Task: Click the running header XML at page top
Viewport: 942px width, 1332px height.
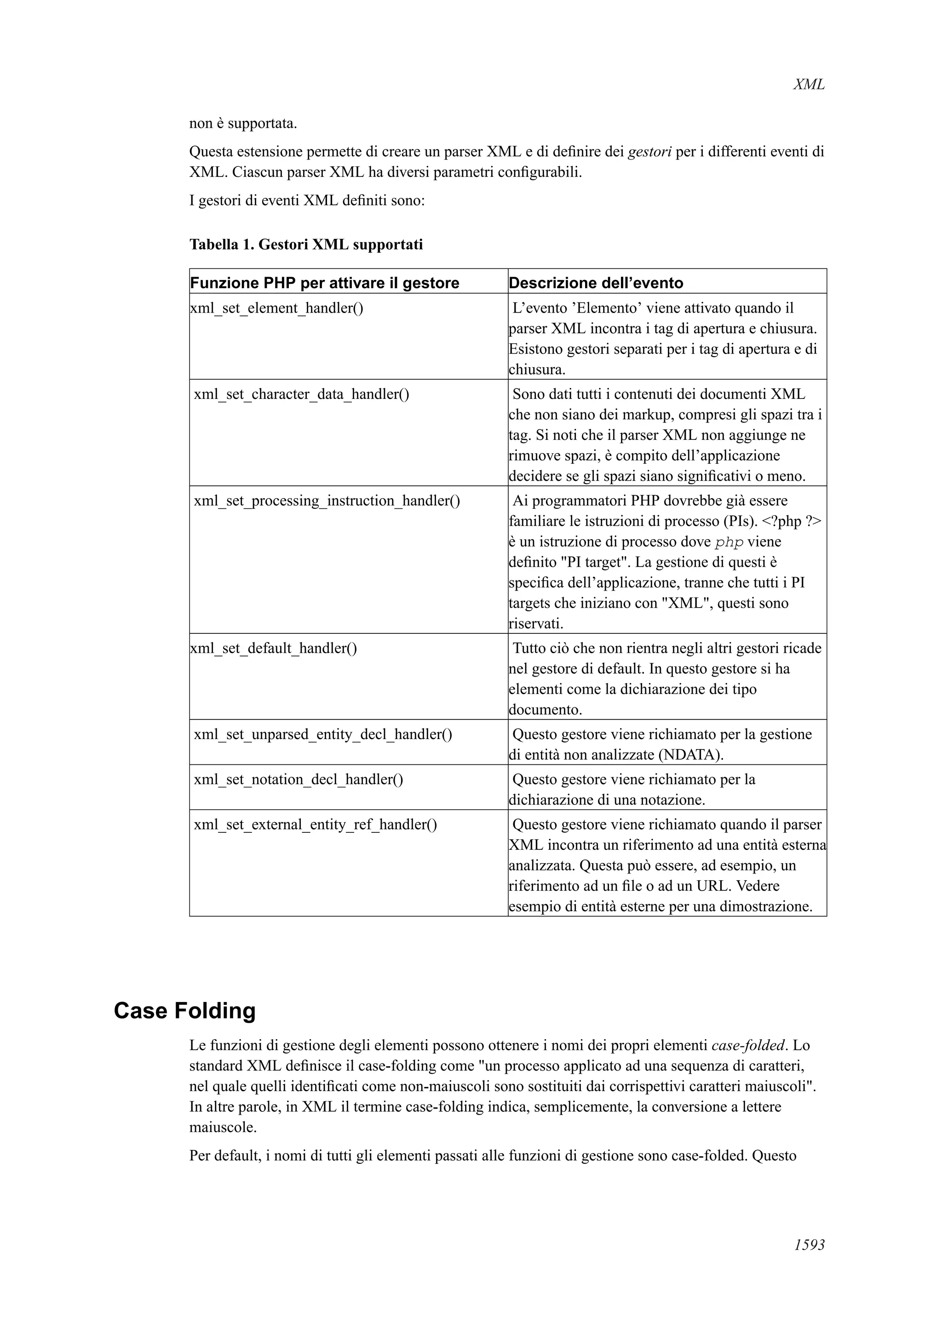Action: pos(808,85)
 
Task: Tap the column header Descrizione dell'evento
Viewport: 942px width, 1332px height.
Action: pos(596,283)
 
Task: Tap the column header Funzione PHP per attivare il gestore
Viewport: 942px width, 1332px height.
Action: pos(324,283)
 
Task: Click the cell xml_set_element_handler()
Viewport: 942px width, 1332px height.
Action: pos(277,307)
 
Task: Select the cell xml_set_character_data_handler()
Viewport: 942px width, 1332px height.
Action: pos(301,394)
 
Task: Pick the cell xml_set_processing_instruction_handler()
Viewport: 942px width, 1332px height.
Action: pos(327,500)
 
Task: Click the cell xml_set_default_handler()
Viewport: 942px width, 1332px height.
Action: pos(273,648)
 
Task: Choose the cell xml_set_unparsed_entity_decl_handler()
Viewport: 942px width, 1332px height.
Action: pos(323,734)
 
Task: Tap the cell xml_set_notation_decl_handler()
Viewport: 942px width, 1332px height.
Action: pos(299,779)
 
